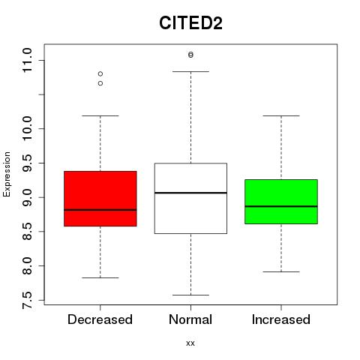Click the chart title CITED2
190,23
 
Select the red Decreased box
100,199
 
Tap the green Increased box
281,202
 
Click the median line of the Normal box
190,193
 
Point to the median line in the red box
100,210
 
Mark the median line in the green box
281,206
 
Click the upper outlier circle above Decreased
100,73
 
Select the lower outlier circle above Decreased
100,83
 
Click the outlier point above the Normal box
190,55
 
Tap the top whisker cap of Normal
190,71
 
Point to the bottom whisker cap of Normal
190,295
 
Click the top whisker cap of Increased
281,115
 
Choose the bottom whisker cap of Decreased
100,277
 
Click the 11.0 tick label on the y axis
27,60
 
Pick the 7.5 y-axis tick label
27,300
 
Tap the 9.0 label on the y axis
27,197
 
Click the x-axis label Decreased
100,319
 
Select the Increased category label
281,319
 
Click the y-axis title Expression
7,174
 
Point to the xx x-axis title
190,343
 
